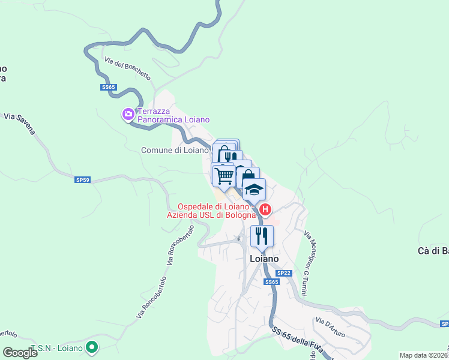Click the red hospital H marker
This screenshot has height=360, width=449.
tap(265, 210)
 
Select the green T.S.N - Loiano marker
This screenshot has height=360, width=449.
tap(91, 346)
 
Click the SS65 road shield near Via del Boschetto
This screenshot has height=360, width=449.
tap(108, 87)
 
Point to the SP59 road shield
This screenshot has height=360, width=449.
tap(82, 179)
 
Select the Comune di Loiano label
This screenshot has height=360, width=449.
tap(174, 150)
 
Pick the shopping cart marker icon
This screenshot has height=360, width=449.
tap(224, 175)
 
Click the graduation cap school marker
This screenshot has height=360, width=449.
tap(254, 189)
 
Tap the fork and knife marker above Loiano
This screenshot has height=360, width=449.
tap(261, 235)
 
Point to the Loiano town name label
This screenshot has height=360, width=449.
tap(264, 259)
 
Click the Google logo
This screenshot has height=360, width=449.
tap(20, 352)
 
